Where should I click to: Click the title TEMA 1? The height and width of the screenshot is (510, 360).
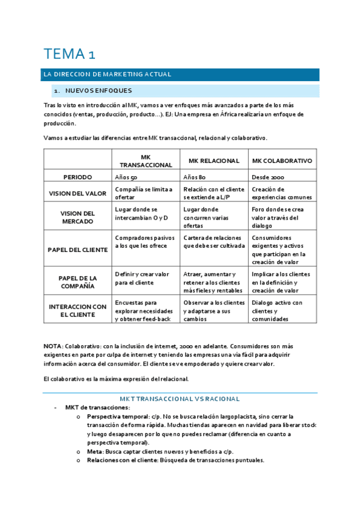point(69,54)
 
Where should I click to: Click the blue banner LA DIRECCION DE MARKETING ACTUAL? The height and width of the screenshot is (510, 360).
point(107,75)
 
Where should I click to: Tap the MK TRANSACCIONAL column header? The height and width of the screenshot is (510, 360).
point(146,161)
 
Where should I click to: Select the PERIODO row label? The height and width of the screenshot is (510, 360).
point(78,177)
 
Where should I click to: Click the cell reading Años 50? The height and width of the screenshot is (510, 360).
point(126,177)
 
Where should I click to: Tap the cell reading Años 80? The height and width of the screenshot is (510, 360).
point(195,177)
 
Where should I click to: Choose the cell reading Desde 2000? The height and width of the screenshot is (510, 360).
point(268,177)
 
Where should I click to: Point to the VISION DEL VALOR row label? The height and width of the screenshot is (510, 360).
point(78,193)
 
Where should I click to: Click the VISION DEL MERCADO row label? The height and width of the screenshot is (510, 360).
point(78,217)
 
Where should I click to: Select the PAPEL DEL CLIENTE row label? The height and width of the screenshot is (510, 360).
point(78,250)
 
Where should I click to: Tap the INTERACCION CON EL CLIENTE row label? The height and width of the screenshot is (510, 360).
point(78,310)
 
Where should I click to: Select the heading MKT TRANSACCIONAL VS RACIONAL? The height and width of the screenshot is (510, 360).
point(180,399)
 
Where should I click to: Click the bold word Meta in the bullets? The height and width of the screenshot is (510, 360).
point(94,451)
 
